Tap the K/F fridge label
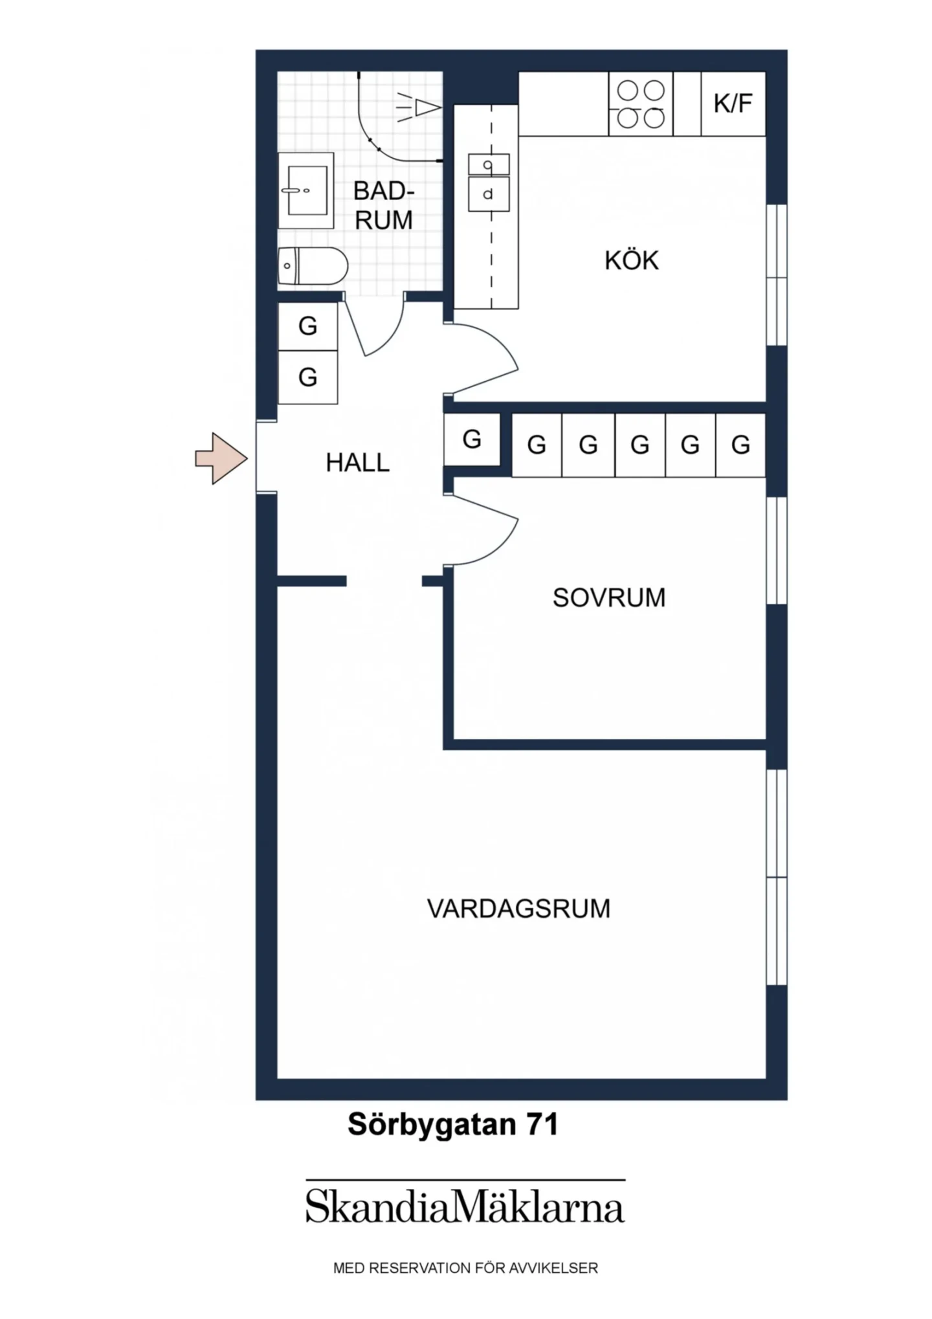[x=733, y=104]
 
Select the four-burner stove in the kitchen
[x=641, y=104]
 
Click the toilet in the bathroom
[x=313, y=265]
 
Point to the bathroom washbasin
[x=306, y=190]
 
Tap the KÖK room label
[x=632, y=261]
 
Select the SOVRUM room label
[x=609, y=598]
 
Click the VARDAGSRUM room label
[x=518, y=909]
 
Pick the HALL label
[x=357, y=463]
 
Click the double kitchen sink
[x=489, y=183]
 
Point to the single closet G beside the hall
[x=472, y=440]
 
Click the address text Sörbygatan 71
[x=453, y=1125]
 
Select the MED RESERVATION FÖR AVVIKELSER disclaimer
[x=465, y=1269]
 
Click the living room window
[x=777, y=878]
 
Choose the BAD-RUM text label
[x=384, y=206]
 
